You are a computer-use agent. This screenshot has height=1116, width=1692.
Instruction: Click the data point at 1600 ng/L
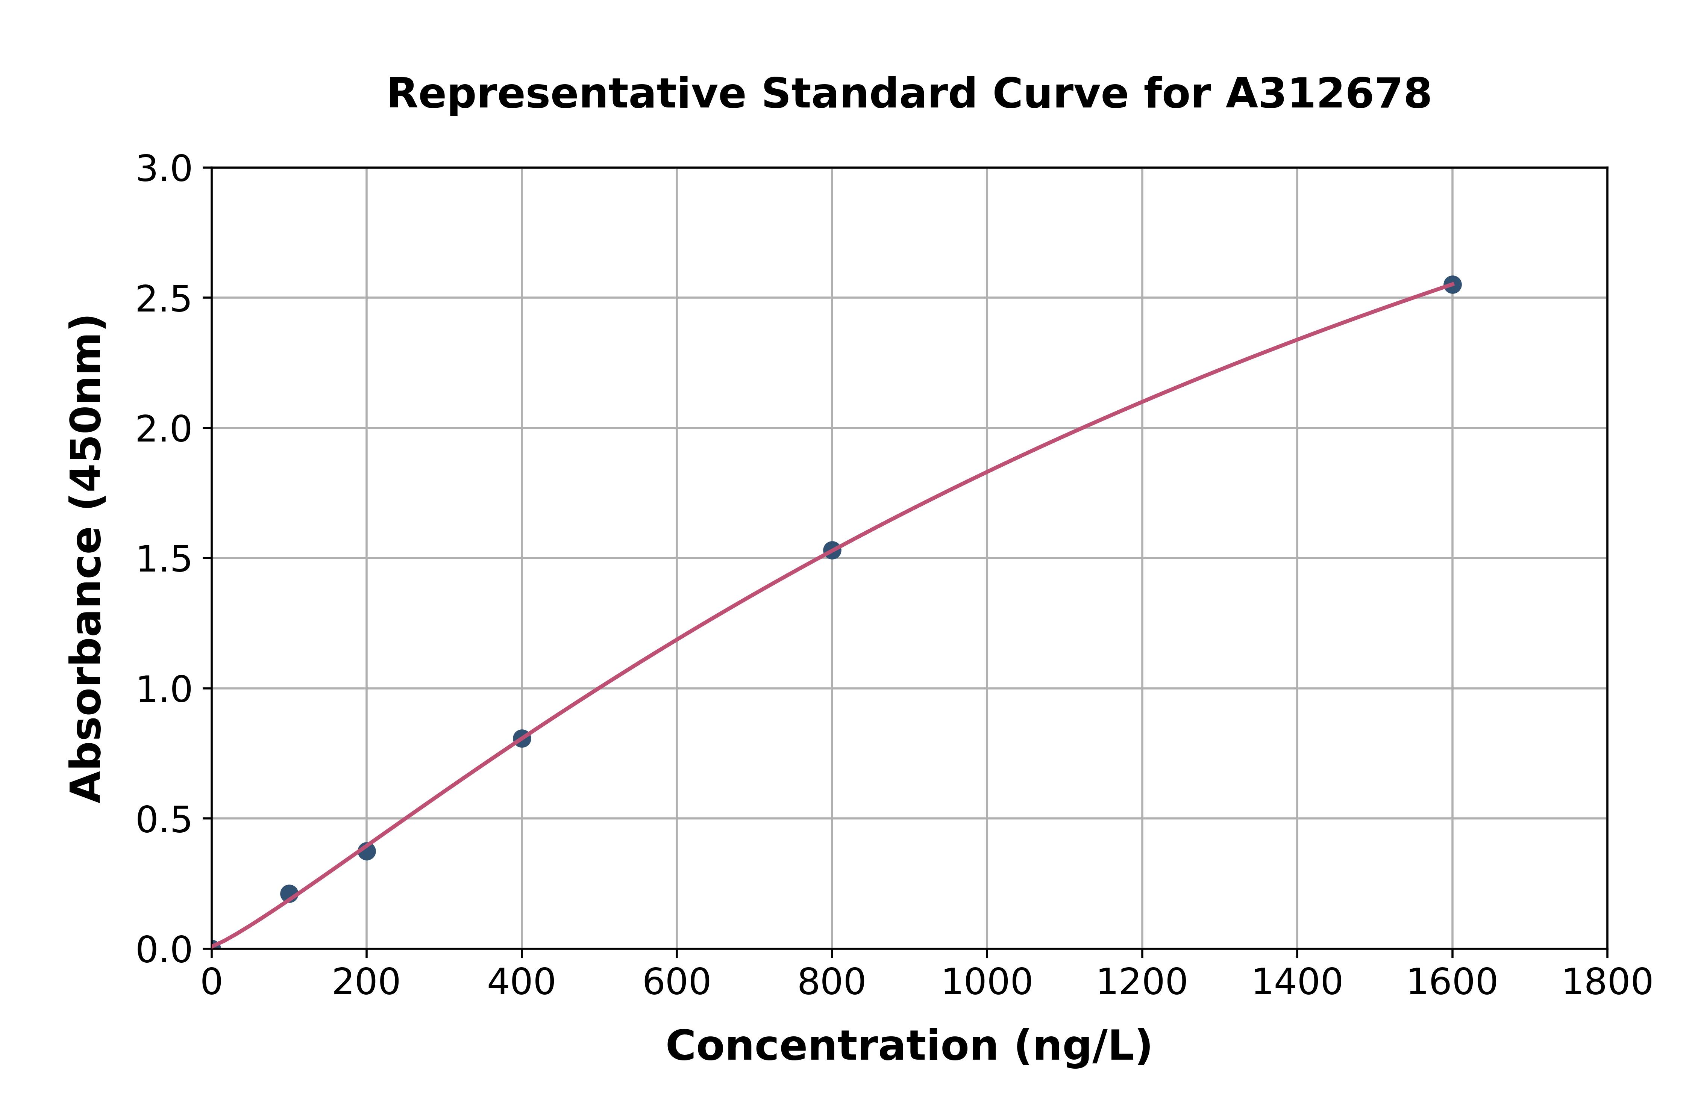pos(1452,285)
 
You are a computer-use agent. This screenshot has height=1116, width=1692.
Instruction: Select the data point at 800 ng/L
pos(832,550)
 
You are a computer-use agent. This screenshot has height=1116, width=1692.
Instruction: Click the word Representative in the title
pos(566,94)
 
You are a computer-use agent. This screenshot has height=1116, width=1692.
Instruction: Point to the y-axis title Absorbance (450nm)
pos(87,559)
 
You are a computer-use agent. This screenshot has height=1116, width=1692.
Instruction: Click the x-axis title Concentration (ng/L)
pos(909,1046)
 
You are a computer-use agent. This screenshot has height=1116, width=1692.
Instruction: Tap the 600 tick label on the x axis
pos(676,983)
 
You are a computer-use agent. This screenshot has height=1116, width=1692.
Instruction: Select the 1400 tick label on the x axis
pos(1297,983)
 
